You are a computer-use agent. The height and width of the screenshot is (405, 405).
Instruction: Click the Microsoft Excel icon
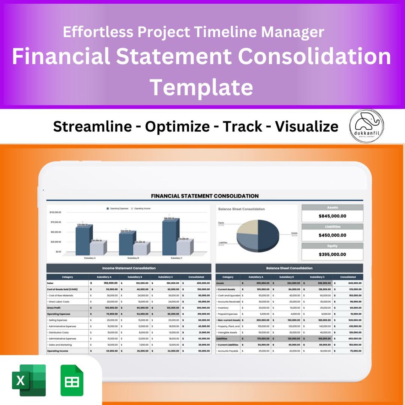coord(29,380)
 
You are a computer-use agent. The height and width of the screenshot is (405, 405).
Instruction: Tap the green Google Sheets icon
coord(72,380)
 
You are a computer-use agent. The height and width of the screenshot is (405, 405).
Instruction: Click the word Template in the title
coord(201,87)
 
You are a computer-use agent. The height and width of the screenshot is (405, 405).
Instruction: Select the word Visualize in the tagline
coord(307,126)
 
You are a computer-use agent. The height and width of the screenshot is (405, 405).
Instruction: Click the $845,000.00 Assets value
coord(332,216)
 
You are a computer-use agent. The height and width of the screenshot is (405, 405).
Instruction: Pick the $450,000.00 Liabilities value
coord(332,235)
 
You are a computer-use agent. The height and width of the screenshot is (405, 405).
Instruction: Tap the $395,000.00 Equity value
coord(332,254)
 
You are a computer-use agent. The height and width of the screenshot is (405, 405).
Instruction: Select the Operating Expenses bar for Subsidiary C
coord(170,237)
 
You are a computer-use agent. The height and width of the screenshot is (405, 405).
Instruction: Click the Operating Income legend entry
coord(141,209)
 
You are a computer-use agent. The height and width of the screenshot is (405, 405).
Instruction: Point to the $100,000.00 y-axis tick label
coord(55,212)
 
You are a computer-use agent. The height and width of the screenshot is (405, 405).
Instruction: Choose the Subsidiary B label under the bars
coord(133,258)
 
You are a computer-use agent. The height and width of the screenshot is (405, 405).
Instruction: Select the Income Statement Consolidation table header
coord(129,268)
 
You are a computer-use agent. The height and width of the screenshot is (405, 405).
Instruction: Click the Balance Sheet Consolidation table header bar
coord(289,268)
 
